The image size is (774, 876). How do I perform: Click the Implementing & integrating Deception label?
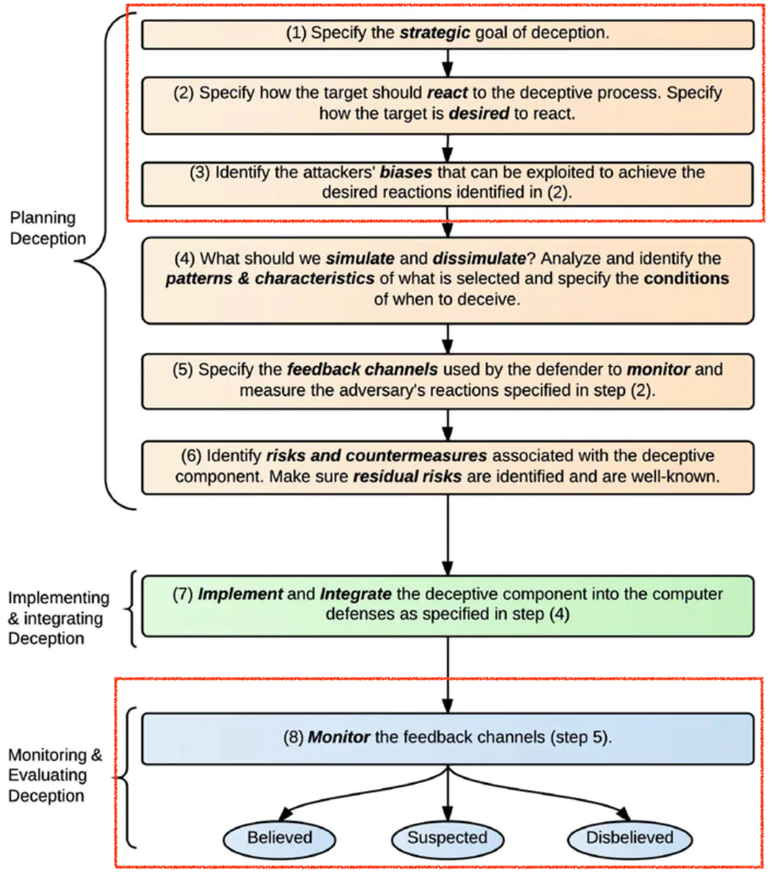pyautogui.click(x=58, y=618)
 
